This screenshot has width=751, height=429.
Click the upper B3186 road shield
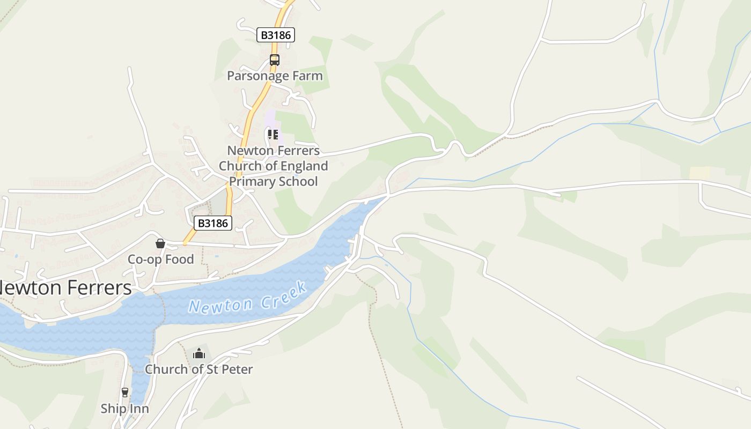[x=276, y=35]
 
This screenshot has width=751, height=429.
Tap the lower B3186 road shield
[x=213, y=223]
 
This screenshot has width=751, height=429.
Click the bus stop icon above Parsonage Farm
[x=275, y=60]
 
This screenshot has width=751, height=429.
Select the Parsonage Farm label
[x=275, y=76]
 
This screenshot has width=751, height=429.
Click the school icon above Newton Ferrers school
[x=273, y=134]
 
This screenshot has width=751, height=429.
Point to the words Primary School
[x=274, y=181]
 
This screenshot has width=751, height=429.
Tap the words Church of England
[x=274, y=166]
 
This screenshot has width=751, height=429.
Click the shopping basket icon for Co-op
[x=160, y=243]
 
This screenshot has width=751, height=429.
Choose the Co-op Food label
[x=160, y=260]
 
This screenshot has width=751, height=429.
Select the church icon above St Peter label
[x=199, y=353]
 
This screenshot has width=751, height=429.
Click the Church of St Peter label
[x=198, y=369]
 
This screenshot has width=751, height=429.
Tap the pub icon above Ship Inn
[x=125, y=393]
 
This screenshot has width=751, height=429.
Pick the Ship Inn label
[x=124, y=409]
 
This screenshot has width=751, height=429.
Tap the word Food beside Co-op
[x=180, y=260]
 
